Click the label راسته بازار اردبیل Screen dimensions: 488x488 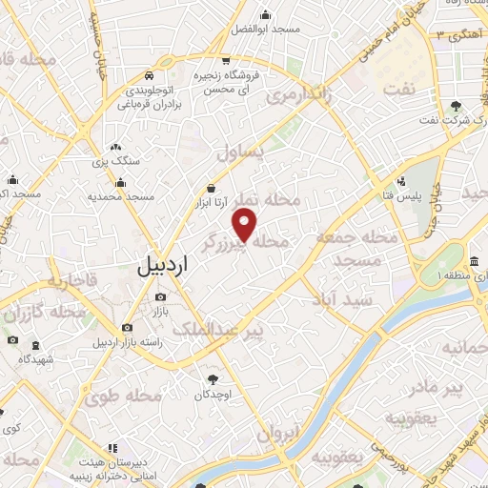click(128, 341)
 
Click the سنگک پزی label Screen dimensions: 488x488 click(115, 161)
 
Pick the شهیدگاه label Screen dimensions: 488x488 click(35, 359)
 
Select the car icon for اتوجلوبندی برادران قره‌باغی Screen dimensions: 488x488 click(149, 77)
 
